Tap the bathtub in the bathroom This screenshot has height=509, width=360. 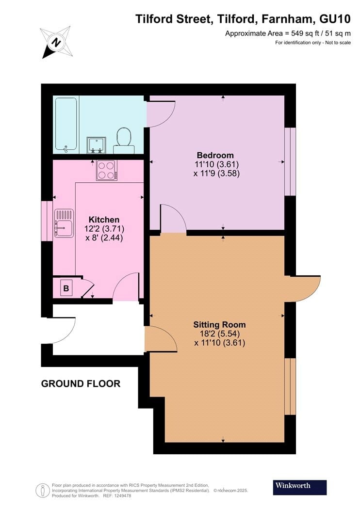(x=65, y=124)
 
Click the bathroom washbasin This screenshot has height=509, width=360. (x=95, y=144)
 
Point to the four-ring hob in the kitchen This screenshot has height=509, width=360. (x=106, y=170)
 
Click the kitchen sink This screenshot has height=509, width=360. (x=64, y=223)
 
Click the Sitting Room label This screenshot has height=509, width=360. (x=219, y=325)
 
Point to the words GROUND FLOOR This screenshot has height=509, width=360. (x=81, y=384)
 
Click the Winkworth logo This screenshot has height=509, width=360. (x=299, y=486)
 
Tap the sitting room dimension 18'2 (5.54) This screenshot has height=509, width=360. (x=220, y=334)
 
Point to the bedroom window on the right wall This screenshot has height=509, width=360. (x=290, y=161)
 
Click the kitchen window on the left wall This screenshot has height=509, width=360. (x=47, y=221)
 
